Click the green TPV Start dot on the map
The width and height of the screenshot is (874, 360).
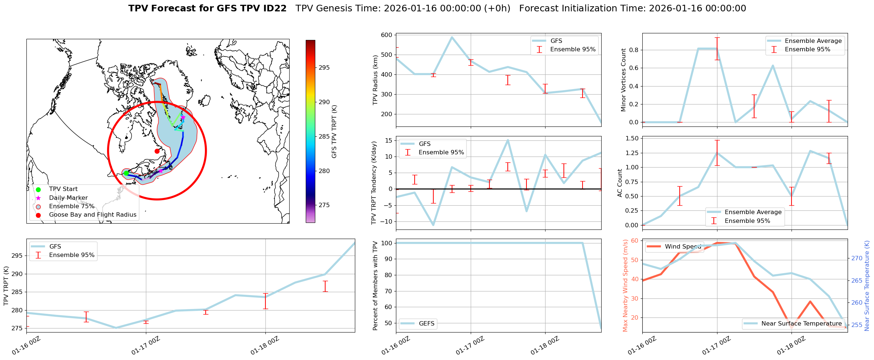[126, 173]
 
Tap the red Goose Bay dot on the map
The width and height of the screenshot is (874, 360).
[157, 151]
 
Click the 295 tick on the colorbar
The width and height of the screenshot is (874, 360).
[324, 68]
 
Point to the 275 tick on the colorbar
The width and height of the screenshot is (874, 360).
[324, 205]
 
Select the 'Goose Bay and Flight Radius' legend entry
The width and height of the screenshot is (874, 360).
[92, 215]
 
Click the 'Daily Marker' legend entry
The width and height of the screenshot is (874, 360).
[68, 198]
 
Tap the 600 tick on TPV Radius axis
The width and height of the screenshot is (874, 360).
[388, 35]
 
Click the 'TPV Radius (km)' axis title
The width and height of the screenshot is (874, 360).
[375, 80]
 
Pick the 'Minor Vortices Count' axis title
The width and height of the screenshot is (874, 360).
[624, 80]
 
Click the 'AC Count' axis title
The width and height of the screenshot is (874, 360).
[620, 183]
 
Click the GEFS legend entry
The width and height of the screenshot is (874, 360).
[426, 324]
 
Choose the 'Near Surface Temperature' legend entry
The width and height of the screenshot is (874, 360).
[801, 324]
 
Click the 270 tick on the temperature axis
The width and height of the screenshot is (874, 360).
[857, 258]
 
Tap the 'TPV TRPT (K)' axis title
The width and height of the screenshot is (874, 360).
[6, 286]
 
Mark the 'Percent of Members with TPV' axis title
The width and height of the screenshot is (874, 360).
[375, 286]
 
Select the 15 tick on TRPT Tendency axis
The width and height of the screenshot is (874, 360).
[389, 141]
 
